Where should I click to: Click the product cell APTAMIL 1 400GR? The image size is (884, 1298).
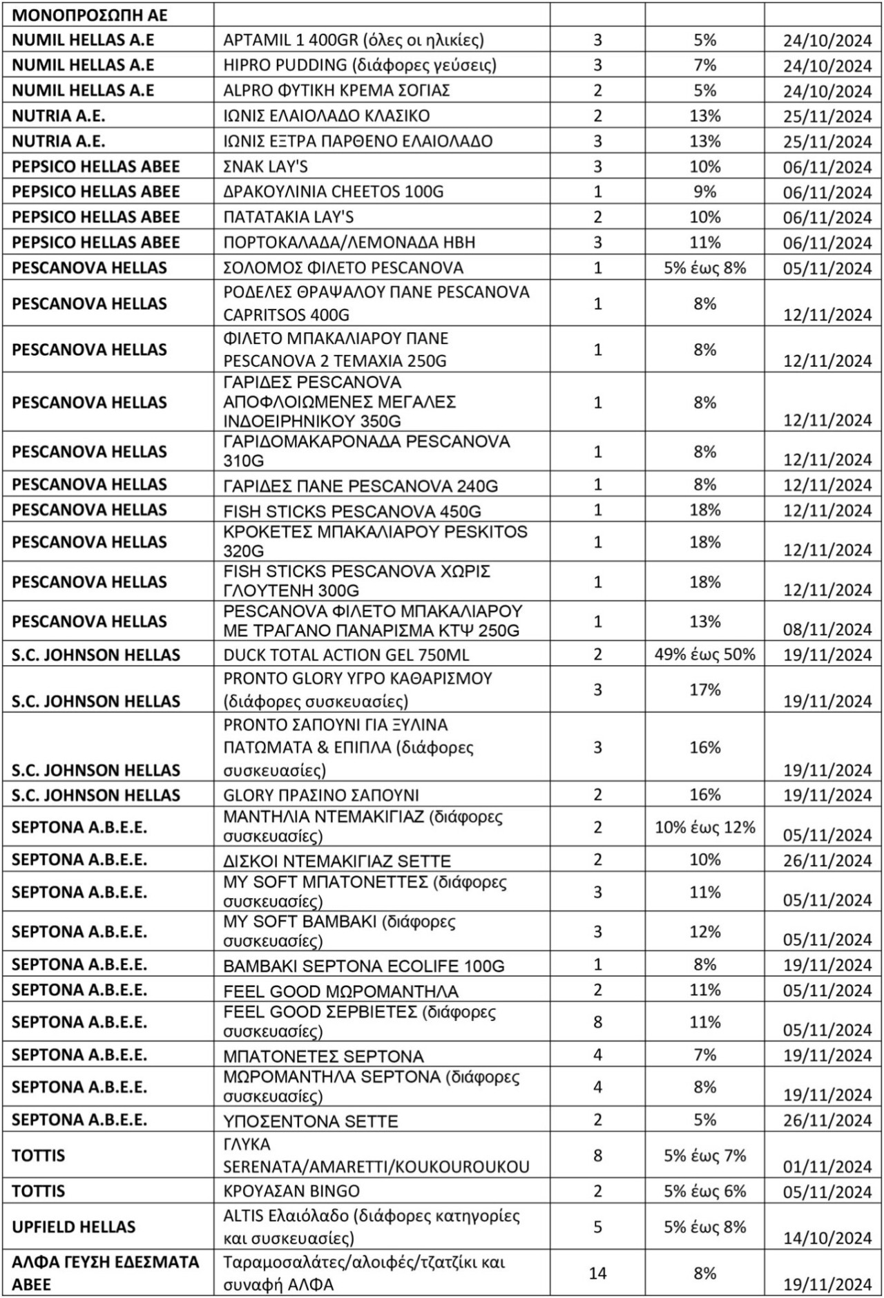point(354,40)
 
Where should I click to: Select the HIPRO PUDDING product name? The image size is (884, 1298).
point(360,66)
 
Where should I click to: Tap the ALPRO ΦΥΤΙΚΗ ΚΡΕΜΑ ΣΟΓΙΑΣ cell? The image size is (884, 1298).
point(336,90)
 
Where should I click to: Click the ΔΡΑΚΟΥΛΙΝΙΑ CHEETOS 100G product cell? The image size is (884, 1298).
point(333,191)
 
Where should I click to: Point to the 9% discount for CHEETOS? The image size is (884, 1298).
point(704,191)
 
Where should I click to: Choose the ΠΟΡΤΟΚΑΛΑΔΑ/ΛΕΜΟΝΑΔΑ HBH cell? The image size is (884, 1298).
point(349,242)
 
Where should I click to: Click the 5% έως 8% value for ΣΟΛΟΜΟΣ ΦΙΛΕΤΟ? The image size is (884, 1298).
point(704,268)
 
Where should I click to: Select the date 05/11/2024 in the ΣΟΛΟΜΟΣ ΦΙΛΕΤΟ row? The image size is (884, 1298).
point(827,269)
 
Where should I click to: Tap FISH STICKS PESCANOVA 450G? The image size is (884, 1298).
point(352,511)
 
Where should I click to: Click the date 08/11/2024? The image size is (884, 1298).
point(827,630)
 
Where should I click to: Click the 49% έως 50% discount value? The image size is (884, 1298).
point(704,654)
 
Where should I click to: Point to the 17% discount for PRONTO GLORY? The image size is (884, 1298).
point(704,689)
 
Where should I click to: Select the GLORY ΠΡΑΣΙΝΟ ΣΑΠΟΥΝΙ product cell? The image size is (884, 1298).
point(321,795)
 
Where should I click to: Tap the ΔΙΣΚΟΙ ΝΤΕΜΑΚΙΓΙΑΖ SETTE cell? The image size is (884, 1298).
point(337,861)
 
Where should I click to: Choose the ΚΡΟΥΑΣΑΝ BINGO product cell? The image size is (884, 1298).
point(291,1192)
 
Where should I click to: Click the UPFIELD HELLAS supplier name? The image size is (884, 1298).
point(74,1227)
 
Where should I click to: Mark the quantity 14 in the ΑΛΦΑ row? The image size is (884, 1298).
point(597,1273)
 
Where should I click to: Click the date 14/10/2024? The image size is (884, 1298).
point(827,1238)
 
